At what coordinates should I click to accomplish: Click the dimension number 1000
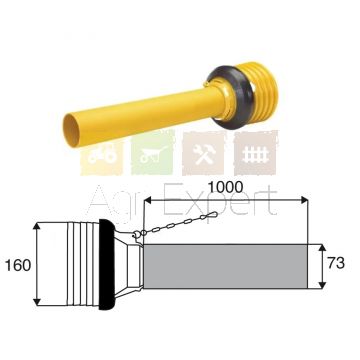tap(225, 188)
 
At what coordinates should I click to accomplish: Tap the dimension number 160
tap(18, 266)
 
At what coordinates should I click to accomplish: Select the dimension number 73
tap(336, 263)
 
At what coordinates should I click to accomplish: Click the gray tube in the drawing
tap(225, 266)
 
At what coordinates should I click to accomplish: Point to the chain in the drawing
tap(176, 224)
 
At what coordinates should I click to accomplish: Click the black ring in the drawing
tap(107, 264)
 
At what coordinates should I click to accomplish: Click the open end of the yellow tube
tap(70, 130)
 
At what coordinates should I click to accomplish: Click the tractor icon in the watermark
tap(102, 156)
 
